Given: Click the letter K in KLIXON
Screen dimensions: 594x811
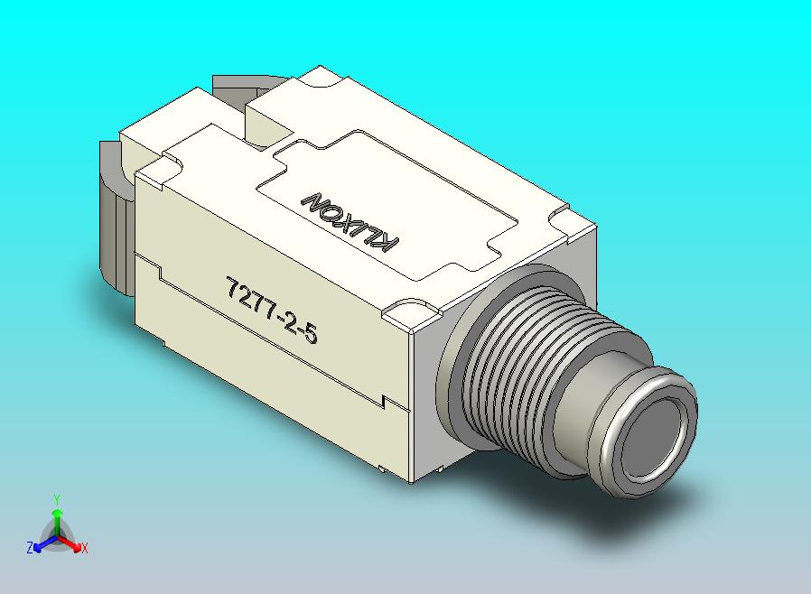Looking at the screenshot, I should coord(388,245).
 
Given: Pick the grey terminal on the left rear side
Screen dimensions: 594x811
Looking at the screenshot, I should coord(113,217).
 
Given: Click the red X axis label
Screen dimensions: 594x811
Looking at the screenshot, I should coord(84,547).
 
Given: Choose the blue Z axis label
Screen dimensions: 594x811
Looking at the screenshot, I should coord(29,547).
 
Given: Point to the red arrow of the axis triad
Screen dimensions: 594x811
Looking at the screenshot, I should coord(71,543).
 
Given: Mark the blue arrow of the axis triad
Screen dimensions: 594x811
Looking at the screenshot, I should coord(42,543).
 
